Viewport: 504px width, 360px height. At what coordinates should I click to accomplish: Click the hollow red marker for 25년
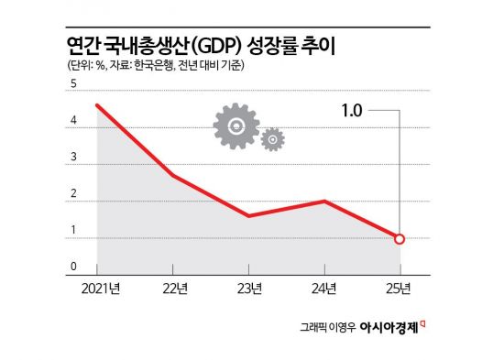400,239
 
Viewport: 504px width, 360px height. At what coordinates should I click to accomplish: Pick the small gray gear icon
271,139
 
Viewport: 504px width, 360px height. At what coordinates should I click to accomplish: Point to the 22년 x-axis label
173,290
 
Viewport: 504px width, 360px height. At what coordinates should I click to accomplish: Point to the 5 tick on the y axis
72,84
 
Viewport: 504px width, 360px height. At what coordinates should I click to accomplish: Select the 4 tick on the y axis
72,129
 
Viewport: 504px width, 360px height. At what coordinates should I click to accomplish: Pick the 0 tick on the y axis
72,267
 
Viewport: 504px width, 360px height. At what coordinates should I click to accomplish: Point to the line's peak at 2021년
97,105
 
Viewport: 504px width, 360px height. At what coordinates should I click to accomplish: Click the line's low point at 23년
249,216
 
